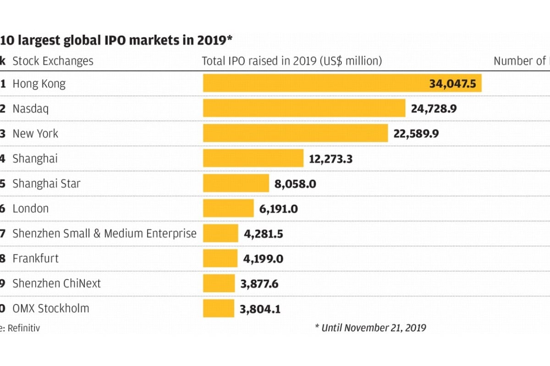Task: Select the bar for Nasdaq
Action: pos(304,108)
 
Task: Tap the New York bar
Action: pos(296,133)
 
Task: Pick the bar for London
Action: pos(228,208)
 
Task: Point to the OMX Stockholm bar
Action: pos(219,308)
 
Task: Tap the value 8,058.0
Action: pos(295,184)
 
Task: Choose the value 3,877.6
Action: pos(259,284)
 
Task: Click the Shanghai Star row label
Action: pos(46,184)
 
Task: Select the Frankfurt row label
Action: pos(35,258)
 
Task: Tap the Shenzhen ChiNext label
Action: pos(56,283)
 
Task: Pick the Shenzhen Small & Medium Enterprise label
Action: pos(104,234)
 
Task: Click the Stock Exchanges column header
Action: pos(53,61)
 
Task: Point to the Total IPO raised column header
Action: pos(292,61)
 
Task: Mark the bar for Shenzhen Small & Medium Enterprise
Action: pos(220,233)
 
